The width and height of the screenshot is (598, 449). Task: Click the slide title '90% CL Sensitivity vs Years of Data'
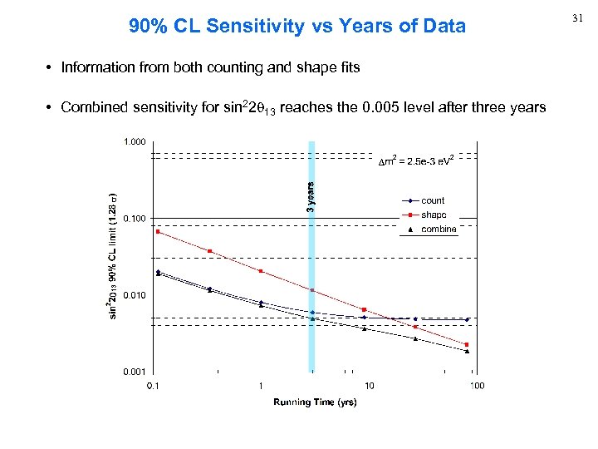[297, 27]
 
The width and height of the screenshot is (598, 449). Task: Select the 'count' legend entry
[433, 200]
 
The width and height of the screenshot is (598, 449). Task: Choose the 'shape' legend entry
[433, 215]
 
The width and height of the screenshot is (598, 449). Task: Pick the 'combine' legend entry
[438, 229]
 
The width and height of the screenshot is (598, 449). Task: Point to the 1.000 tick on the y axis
[135, 142]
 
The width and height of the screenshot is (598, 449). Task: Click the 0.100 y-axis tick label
[135, 219]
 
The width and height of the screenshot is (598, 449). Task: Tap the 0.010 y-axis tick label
[135, 295]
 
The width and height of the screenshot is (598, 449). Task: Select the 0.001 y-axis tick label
[135, 371]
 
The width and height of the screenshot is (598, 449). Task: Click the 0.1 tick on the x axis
[153, 385]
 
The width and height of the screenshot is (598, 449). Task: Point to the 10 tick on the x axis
[369, 385]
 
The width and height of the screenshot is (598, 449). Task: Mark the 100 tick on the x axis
[477, 385]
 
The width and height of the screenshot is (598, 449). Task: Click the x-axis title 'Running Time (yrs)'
[315, 402]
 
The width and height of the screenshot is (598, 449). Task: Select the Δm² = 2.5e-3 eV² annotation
[414, 160]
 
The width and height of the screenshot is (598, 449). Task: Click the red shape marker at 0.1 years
[158, 231]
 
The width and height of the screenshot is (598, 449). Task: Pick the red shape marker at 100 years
[468, 344]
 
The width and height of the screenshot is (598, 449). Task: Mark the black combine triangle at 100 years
[468, 351]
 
